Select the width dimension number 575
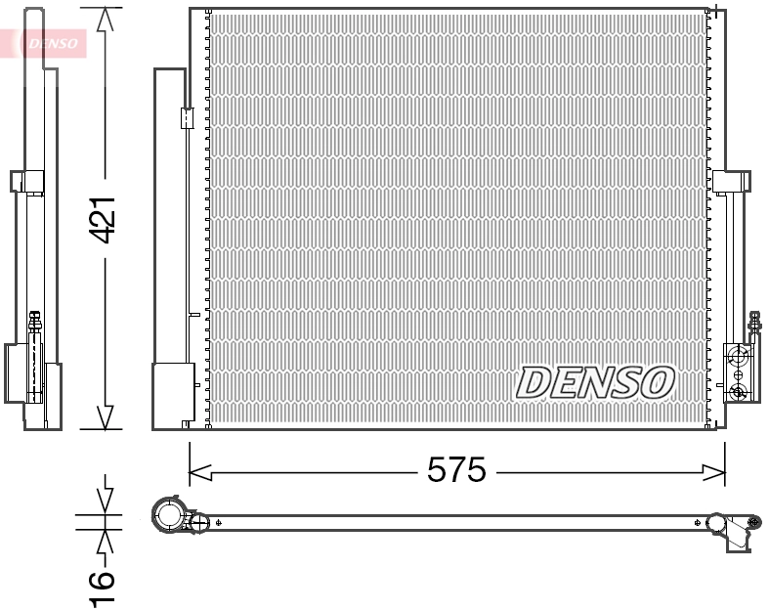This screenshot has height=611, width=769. pyautogui.click(x=456, y=471)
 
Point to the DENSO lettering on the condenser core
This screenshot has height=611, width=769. pyautogui.click(x=595, y=382)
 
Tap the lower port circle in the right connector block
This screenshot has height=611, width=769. pyautogui.click(x=739, y=392)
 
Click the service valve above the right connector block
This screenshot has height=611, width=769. pyautogui.click(x=753, y=323)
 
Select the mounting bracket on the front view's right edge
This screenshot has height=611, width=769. pyautogui.click(x=732, y=182)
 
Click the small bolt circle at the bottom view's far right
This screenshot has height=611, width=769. pyautogui.click(x=755, y=522)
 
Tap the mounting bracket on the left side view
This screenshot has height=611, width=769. pyautogui.click(x=26, y=182)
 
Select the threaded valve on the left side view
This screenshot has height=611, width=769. pyautogui.click(x=36, y=323)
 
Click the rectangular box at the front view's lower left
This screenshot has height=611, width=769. pyautogui.click(x=174, y=394)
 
